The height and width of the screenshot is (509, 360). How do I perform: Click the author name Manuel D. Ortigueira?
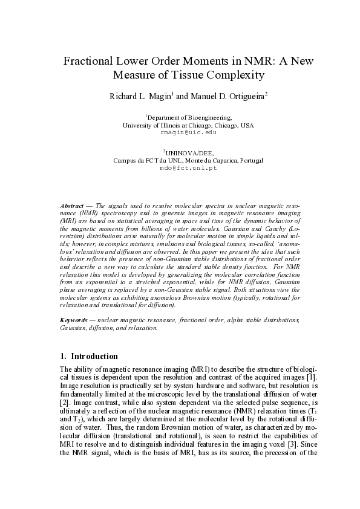point(222,96)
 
